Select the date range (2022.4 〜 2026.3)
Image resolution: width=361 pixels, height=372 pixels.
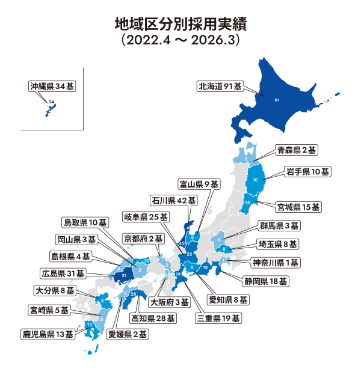(180, 41)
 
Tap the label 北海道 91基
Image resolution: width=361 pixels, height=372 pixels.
(220, 87)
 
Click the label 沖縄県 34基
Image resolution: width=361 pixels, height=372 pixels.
(53, 87)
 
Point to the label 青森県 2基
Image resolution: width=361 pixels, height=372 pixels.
(297, 149)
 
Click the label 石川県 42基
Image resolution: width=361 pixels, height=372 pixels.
(174, 200)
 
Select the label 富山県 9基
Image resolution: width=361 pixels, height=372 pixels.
(199, 183)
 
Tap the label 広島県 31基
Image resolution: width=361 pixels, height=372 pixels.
(64, 273)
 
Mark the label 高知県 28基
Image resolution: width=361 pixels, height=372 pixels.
(153, 318)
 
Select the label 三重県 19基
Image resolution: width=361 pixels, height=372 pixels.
(220, 318)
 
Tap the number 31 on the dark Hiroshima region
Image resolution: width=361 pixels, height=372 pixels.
(123, 275)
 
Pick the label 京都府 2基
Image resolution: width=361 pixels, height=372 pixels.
(143, 239)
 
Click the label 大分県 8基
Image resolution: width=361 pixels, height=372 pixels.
(55, 290)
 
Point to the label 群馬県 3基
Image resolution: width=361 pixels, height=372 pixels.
(279, 226)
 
